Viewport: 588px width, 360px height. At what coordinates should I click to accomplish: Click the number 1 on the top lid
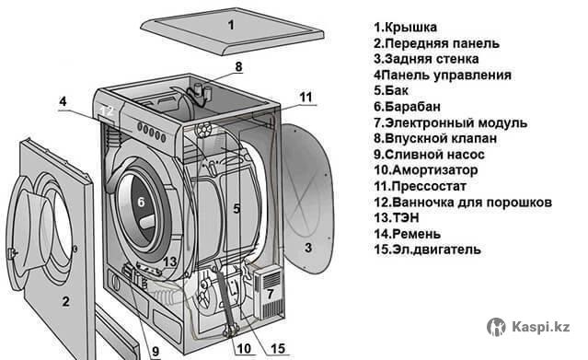231,25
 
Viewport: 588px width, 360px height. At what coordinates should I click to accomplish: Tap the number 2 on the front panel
66,301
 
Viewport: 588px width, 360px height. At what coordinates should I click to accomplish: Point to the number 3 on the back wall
308,248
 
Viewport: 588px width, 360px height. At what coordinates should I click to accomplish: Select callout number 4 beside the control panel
63,101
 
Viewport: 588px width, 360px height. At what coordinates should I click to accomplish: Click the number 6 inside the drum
141,202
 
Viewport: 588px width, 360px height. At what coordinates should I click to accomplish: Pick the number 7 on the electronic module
270,294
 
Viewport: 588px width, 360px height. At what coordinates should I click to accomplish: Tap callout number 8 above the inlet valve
238,67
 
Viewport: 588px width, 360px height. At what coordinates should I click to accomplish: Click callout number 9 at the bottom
156,352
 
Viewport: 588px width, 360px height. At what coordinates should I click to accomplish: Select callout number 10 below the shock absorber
244,349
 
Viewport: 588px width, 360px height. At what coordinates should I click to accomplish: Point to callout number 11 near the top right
306,98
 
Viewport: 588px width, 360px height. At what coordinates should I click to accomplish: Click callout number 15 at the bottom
278,349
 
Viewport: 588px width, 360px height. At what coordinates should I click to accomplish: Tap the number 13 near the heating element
170,261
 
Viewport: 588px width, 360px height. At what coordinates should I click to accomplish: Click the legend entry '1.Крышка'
406,28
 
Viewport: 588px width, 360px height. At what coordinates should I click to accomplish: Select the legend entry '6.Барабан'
408,107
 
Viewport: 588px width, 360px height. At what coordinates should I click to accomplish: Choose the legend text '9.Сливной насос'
429,155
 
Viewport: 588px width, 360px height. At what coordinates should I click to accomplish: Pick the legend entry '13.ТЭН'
397,217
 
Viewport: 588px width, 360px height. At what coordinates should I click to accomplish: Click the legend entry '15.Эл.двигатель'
428,250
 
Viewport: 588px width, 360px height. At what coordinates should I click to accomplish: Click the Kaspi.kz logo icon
496,327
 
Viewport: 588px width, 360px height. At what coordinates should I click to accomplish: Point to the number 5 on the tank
236,209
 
